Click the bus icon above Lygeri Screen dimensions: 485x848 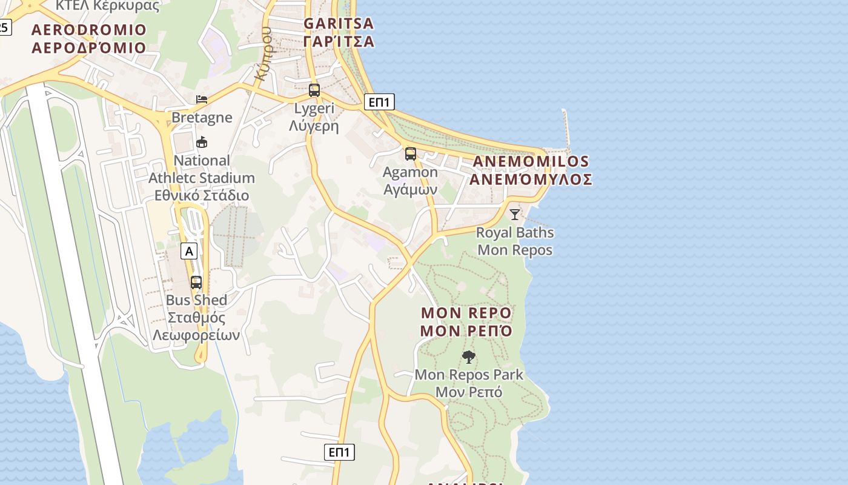(x=314, y=90)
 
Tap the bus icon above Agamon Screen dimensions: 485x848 (x=411, y=154)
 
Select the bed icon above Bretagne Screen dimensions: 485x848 (x=202, y=99)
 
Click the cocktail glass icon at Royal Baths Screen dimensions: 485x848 (x=515, y=214)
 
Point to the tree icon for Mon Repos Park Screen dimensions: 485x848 (x=468, y=356)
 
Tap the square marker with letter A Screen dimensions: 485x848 (x=190, y=251)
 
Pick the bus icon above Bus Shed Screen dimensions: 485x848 (x=196, y=282)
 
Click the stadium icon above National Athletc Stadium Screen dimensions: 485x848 (x=202, y=142)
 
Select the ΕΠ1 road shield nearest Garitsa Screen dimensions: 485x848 (x=380, y=102)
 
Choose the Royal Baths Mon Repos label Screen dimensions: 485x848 (x=515, y=241)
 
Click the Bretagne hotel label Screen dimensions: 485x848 (x=202, y=117)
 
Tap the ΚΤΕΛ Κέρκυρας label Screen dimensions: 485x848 (x=108, y=6)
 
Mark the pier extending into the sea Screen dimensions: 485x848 (x=567, y=130)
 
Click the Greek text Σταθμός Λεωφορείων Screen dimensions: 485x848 (x=196, y=326)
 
